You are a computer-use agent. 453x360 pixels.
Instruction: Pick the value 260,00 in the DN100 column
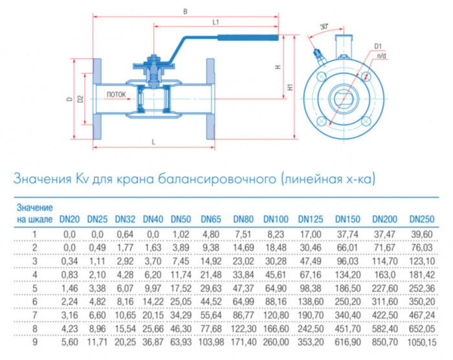(276, 341)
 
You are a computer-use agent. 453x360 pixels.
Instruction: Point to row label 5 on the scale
(34, 287)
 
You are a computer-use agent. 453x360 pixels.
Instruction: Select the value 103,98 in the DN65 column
(211, 341)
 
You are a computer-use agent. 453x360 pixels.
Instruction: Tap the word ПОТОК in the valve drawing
(116, 95)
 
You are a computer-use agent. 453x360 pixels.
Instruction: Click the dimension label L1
(215, 22)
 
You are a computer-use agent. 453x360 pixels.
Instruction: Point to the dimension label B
(185, 11)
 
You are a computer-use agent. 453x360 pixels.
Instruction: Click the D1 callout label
(378, 46)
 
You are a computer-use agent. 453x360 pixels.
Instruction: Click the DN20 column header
(69, 219)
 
